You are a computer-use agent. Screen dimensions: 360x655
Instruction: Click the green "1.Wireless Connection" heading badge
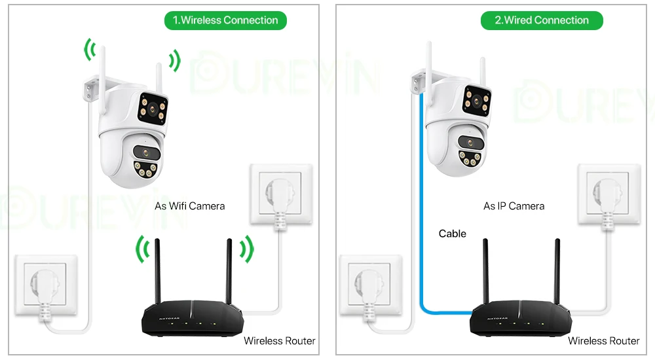click(225, 20)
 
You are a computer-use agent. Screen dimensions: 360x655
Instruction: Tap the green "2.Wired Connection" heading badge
click(542, 20)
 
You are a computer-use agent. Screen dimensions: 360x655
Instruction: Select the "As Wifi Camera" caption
click(189, 206)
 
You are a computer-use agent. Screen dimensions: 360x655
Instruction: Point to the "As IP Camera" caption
click(514, 206)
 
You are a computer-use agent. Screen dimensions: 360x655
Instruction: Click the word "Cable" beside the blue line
click(452, 234)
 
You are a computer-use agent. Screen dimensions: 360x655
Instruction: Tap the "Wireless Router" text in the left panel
click(279, 340)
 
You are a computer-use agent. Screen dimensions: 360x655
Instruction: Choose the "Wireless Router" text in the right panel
click(603, 340)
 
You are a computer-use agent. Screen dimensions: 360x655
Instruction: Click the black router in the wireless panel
click(191, 317)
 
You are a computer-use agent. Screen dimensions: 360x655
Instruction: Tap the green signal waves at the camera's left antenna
click(89, 49)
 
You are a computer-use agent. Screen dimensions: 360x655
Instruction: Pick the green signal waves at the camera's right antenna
click(174, 61)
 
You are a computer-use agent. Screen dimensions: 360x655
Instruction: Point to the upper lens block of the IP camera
click(476, 101)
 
